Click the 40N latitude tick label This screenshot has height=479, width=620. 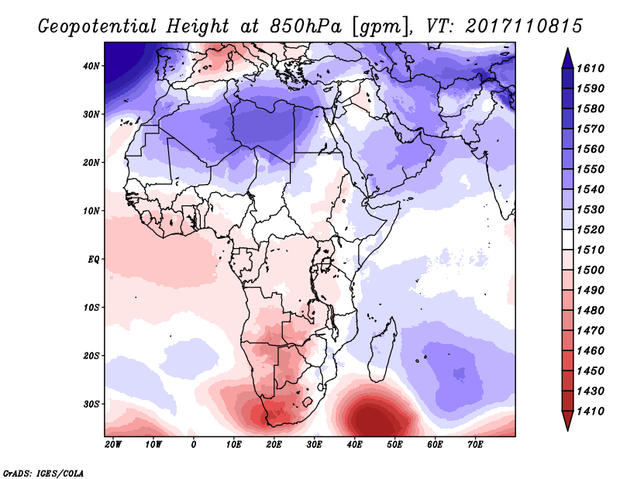pos(91,66)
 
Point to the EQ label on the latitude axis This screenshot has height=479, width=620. pos(93,259)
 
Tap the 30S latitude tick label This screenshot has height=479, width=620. pos(91,404)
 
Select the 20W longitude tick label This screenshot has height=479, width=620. pos(113,445)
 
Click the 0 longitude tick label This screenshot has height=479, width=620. pos(194,445)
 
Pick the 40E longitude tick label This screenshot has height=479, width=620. pos(355,445)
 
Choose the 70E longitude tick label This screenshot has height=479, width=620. pos(476,445)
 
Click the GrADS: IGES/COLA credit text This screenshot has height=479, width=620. pos(43,472)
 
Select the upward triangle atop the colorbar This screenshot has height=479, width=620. pos(567,54)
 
